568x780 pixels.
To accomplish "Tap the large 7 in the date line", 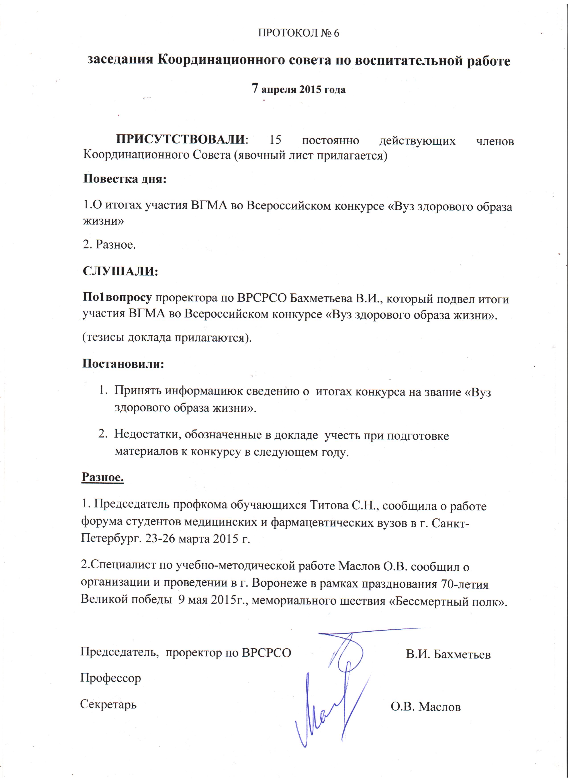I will tap(255, 88).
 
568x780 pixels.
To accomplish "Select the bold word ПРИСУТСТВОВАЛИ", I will tap(180, 140).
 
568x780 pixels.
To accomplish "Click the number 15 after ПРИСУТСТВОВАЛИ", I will tap(275, 140).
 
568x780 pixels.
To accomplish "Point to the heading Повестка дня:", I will tap(125, 179).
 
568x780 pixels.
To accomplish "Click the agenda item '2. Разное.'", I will tap(109, 245).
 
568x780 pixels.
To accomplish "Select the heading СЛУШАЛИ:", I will tap(120, 271).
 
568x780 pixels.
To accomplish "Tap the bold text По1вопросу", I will tap(117, 297).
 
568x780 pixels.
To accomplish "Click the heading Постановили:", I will tap(123, 364).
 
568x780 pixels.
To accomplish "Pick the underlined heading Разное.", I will tap(102, 477).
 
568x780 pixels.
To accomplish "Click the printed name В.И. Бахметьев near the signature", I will tap(448, 654).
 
